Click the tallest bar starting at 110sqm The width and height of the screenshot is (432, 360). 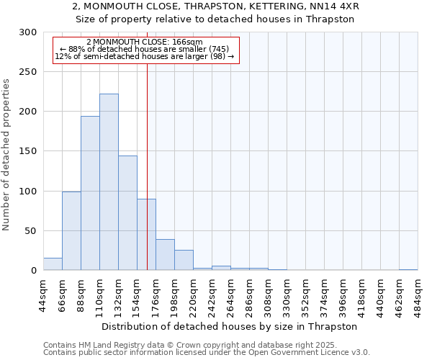pyautogui.click(x=109, y=182)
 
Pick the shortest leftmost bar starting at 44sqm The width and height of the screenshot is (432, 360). pyautogui.click(x=53, y=264)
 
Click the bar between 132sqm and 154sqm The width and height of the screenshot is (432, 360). pyautogui.click(x=127, y=213)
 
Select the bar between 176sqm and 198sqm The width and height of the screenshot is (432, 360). pyautogui.click(x=165, y=255)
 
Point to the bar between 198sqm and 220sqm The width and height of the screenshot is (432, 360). pyautogui.click(x=184, y=260)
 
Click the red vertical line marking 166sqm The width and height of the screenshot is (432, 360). pyautogui.click(x=147, y=144)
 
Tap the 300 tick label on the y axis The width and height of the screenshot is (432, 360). pyautogui.click(x=28, y=32)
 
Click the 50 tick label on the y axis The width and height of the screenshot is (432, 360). pyautogui.click(x=31, y=231)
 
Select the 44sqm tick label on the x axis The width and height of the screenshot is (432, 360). pyautogui.click(x=43, y=294)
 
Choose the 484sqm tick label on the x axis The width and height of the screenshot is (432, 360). pyautogui.click(x=418, y=294)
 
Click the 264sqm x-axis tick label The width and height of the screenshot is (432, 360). pyautogui.click(x=230, y=294)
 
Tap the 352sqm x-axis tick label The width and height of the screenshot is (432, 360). pyautogui.click(x=305, y=294)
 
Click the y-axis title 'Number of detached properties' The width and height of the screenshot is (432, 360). pyautogui.click(x=6, y=155)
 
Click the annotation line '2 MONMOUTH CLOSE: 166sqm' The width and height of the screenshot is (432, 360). pyautogui.click(x=144, y=41)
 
